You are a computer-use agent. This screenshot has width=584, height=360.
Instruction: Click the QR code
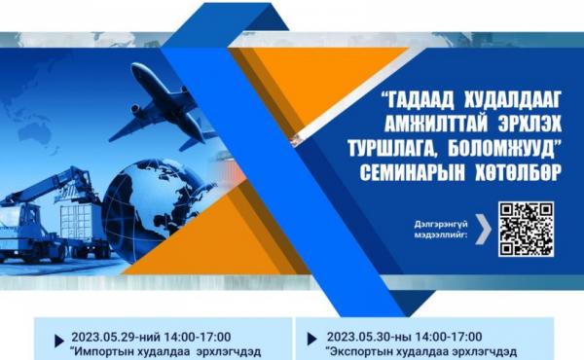click(x=526, y=229)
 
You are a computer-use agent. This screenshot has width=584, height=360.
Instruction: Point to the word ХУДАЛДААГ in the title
click(x=514, y=101)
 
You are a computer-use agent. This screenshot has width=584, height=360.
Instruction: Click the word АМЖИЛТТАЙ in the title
click(x=436, y=124)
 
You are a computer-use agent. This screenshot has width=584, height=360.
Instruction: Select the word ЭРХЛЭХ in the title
click(x=529, y=124)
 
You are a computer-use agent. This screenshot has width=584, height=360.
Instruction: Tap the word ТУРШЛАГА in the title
click(x=393, y=149)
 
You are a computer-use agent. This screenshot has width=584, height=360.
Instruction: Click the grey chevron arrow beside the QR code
click(x=483, y=229)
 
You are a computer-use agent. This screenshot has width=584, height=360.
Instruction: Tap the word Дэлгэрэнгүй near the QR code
click(x=441, y=225)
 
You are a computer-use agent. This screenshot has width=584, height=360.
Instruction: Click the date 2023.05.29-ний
click(x=116, y=338)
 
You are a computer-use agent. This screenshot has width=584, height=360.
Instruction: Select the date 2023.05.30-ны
click(x=369, y=338)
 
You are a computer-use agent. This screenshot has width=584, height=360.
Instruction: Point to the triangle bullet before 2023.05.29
click(x=58, y=341)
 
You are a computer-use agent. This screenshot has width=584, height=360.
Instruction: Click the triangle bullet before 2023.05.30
click(x=311, y=339)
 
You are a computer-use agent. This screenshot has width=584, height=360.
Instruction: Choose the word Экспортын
click(x=354, y=352)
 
